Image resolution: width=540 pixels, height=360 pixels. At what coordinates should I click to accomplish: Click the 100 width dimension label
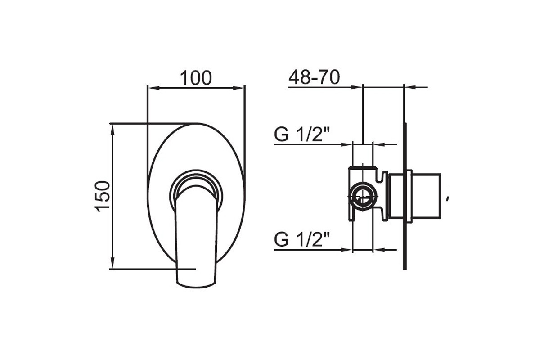pos(196,78)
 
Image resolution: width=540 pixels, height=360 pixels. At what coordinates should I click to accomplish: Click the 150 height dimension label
pos(103,196)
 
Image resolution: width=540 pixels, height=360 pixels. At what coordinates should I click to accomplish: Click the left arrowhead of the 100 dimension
pos(153,88)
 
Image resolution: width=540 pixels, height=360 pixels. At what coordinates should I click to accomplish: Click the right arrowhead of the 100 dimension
pos(238,88)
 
